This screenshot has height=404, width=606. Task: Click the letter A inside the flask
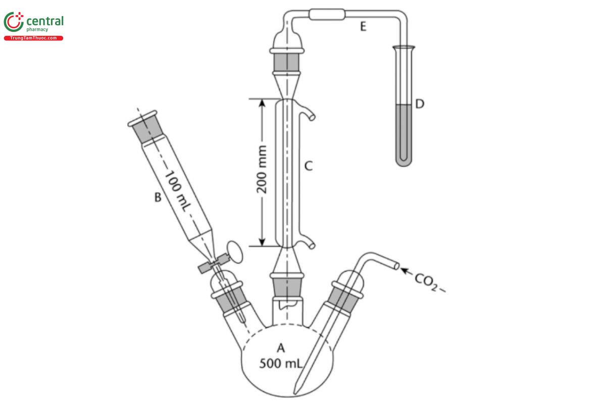coord(280,347)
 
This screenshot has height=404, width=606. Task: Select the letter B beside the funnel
coord(157,197)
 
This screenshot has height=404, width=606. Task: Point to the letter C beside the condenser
coord(309,166)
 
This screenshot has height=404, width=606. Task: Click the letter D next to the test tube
coord(419,104)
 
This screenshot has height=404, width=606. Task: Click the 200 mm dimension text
coord(262,171)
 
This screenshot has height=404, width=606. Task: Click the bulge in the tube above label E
coord(326,15)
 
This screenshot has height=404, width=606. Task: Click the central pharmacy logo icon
coord(14,22)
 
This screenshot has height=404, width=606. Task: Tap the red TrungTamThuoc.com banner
coord(33,38)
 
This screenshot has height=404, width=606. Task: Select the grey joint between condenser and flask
coord(288,287)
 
